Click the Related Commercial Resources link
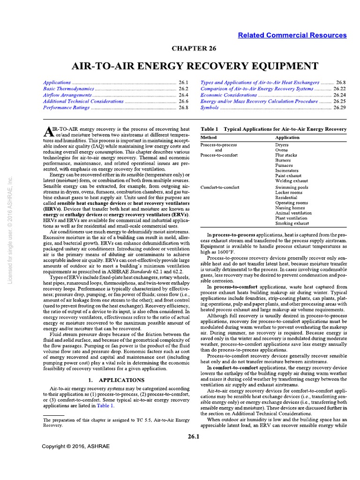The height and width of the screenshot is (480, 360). click(x=292, y=35)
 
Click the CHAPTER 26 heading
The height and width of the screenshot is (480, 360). click(x=180, y=48)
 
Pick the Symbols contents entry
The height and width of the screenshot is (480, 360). click(x=210, y=107)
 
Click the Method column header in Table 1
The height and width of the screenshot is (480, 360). click(x=209, y=138)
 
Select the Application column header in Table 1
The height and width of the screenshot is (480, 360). click(x=287, y=138)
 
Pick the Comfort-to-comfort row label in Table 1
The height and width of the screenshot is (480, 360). click(x=220, y=187)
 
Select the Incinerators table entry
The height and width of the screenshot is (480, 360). click(x=287, y=171)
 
